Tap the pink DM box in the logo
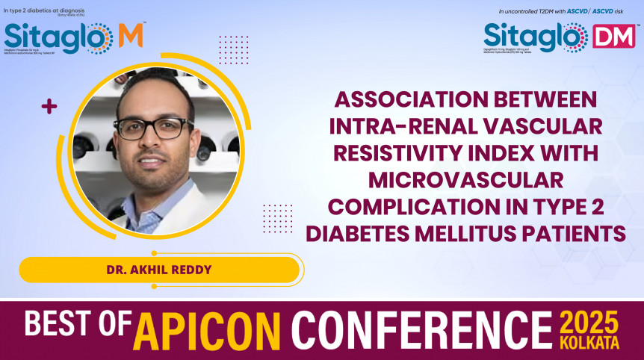(x=613, y=37)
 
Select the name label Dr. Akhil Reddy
(x=159, y=270)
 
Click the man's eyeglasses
(x=154, y=128)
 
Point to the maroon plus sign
(x=49, y=107)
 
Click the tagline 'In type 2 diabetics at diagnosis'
(x=43, y=11)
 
